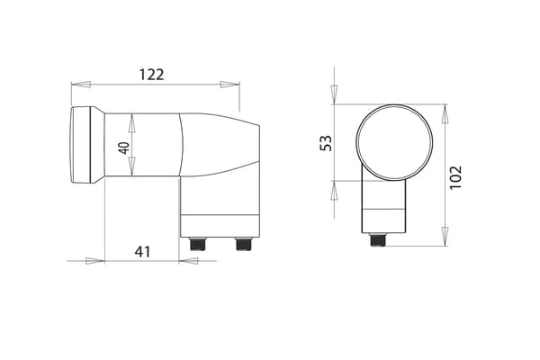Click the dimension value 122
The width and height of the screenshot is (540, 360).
[x=151, y=75]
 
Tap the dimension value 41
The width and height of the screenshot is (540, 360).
[x=142, y=252]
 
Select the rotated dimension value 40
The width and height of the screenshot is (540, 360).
[x=123, y=148]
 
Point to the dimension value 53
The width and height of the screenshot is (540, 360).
[x=326, y=143]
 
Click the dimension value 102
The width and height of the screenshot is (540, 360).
[x=455, y=177]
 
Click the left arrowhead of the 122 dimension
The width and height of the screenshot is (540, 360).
[x=81, y=85]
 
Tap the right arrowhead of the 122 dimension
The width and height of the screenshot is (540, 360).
[x=229, y=85]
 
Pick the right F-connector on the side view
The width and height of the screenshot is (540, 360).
[x=244, y=244]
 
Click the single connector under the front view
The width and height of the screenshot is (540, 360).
[x=377, y=239]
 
